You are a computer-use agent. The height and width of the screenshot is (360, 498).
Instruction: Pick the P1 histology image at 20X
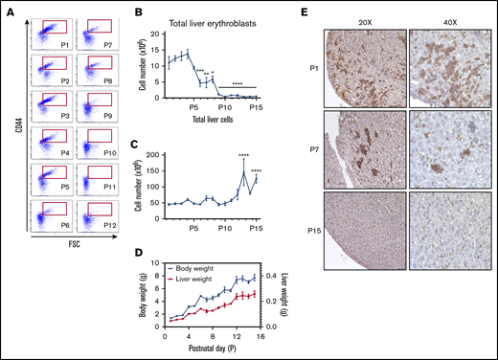[x=364, y=66]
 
